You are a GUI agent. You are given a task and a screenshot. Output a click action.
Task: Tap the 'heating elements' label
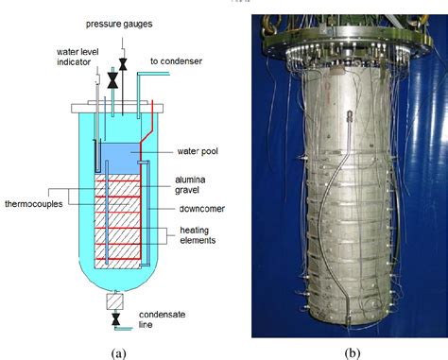(198, 236)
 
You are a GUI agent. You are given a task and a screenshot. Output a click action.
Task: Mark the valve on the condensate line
(115, 320)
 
